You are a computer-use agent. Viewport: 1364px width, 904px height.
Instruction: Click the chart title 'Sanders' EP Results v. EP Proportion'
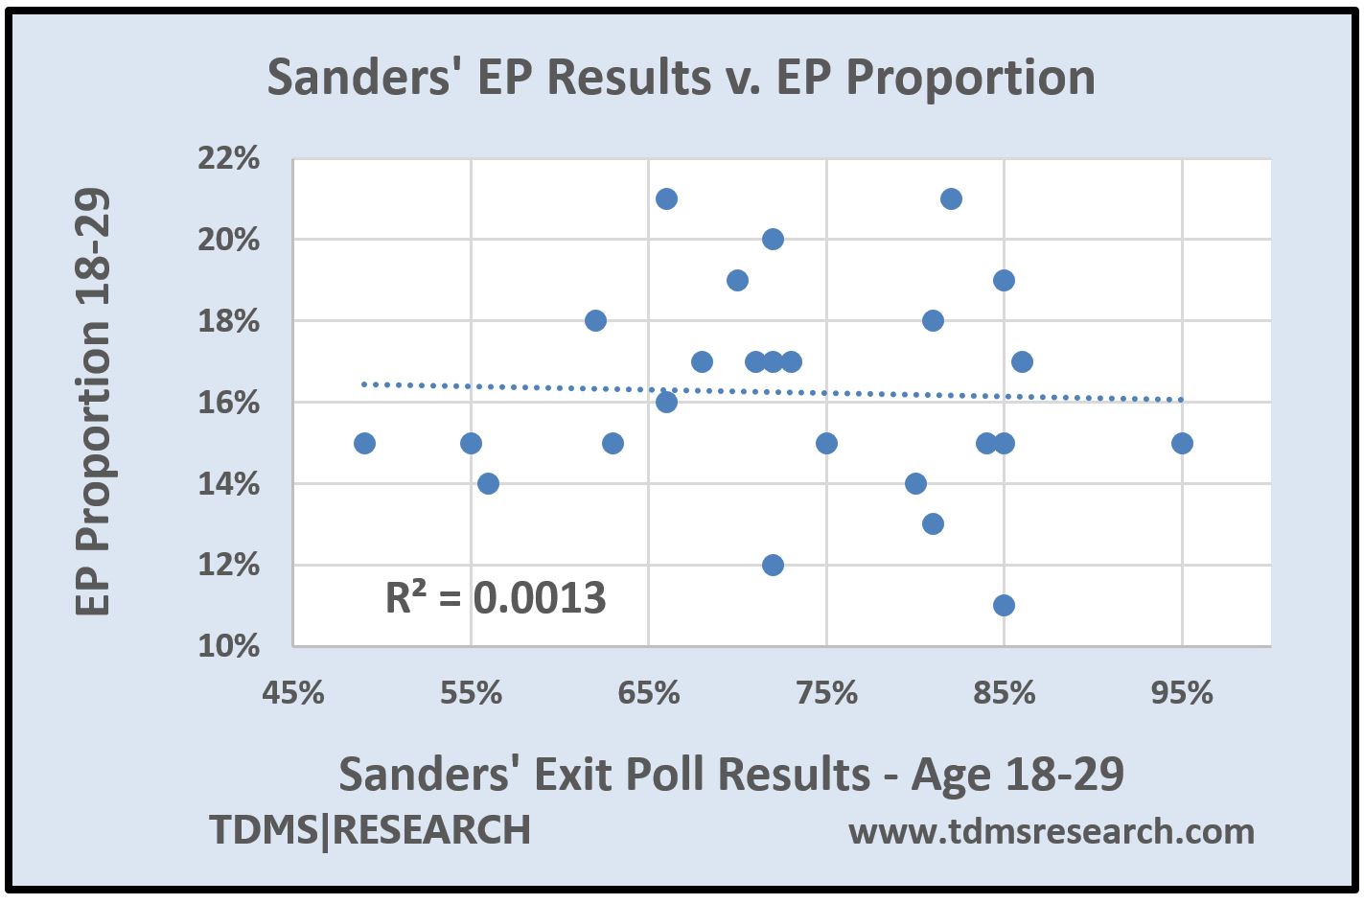[681, 78]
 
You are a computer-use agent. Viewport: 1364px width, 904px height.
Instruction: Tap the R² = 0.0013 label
[496, 598]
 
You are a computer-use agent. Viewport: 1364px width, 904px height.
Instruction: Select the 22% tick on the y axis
[228, 158]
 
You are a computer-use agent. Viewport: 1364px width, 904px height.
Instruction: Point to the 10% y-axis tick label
[228, 646]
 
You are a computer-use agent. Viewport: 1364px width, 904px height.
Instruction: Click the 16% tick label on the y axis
[228, 403]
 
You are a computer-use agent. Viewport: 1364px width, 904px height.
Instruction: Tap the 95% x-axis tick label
[1182, 692]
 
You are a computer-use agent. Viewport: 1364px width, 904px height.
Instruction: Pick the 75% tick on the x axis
[826, 692]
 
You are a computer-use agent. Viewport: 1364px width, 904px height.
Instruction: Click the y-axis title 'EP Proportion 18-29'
[93, 403]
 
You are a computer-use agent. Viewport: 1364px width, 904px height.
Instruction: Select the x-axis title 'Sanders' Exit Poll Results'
[731, 774]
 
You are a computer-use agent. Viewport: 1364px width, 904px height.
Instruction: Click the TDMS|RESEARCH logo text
[370, 830]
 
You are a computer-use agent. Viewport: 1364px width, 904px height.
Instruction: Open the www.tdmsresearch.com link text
[1052, 831]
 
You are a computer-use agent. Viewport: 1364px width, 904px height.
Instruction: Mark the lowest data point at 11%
[1004, 605]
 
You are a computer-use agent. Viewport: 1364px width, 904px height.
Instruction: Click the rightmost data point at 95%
[1182, 443]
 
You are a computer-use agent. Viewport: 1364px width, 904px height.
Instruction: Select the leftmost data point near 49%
[364, 443]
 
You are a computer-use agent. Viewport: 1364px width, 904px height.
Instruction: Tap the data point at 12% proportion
[773, 565]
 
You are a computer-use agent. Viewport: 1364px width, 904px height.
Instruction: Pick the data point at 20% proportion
[773, 240]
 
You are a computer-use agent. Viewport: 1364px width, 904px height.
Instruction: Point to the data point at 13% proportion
[933, 524]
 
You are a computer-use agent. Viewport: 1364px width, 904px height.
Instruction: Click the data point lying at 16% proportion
[666, 403]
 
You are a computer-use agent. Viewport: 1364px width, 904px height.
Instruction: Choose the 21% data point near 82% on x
[951, 199]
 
